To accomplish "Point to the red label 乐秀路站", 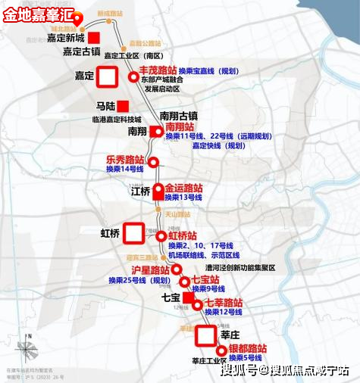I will point(125,160).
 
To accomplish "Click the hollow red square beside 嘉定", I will point(106,76).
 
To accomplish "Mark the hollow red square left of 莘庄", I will point(205,334).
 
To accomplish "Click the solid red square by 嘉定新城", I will point(94,38).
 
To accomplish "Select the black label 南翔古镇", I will point(179,116).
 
